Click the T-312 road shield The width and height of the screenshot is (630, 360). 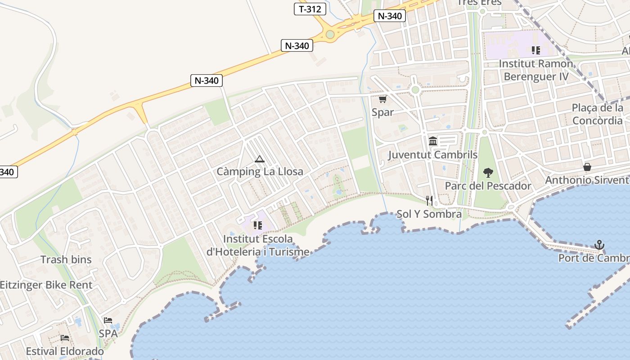(x=310, y=9)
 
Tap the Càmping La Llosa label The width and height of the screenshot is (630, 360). (x=260, y=171)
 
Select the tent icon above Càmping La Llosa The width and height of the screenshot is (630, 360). (x=259, y=159)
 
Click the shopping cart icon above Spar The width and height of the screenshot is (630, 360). (x=382, y=99)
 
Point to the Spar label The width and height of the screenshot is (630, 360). (x=382, y=112)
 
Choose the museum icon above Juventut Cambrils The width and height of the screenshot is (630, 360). (x=433, y=141)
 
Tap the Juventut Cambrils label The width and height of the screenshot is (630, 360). (x=432, y=155)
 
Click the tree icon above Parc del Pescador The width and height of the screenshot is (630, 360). (x=488, y=172)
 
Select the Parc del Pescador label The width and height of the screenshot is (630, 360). (x=488, y=186)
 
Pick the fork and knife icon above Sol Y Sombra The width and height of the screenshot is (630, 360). (x=429, y=201)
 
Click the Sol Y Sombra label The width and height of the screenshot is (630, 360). (x=429, y=214)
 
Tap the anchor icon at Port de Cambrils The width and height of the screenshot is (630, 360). (x=599, y=245)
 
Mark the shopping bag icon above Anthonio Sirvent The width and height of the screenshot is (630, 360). (x=587, y=167)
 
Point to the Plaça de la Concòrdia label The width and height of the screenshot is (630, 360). (x=598, y=114)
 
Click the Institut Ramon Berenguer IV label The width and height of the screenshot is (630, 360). (x=536, y=70)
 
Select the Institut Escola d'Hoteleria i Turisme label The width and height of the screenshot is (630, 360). (x=258, y=245)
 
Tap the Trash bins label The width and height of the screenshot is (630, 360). (x=66, y=260)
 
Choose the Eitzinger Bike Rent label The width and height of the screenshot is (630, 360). (x=46, y=285)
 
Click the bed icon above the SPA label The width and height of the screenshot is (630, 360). (x=108, y=320)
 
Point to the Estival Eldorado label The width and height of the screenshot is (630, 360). (x=65, y=351)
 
